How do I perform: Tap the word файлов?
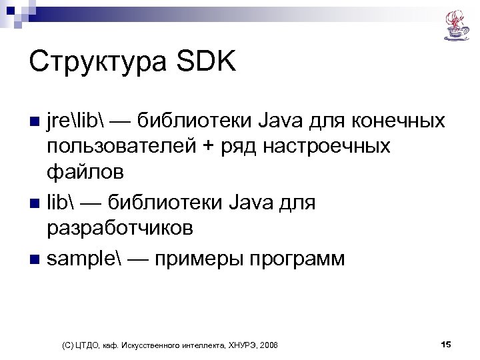[x=85, y=172]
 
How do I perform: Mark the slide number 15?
[x=446, y=344]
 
